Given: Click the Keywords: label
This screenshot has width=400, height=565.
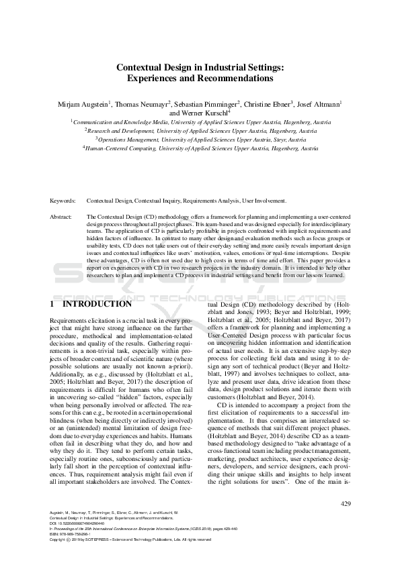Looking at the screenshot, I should [x=65, y=201].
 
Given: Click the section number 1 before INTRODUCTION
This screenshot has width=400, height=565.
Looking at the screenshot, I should [x=53, y=304].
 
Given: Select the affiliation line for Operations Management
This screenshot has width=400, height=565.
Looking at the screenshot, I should [x=200, y=139].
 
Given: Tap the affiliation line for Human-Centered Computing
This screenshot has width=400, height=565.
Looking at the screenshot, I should [x=200, y=147].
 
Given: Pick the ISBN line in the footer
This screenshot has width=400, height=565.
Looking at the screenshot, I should [x=75, y=533].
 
